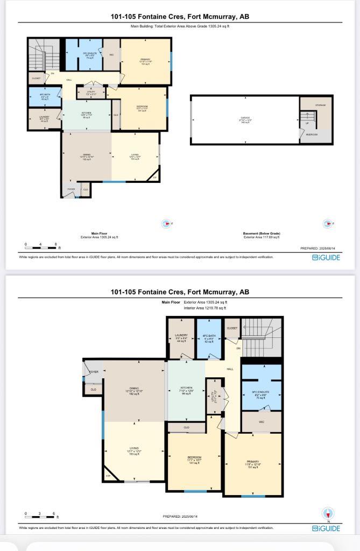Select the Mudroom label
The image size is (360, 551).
click(x=312, y=135)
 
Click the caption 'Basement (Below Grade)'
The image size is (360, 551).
click(x=262, y=234)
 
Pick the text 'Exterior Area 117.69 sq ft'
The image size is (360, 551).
click(x=262, y=237)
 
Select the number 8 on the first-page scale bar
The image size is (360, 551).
click(x=56, y=245)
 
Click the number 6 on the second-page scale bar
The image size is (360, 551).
click(x=54, y=514)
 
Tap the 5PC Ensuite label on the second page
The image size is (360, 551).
click(x=261, y=391)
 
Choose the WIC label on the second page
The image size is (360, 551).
click(x=262, y=422)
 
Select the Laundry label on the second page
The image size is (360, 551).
click(x=181, y=336)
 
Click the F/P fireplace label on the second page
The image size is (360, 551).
click(x=108, y=476)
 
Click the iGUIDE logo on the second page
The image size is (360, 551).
click(x=326, y=528)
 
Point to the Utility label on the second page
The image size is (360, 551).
click(x=213, y=397)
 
